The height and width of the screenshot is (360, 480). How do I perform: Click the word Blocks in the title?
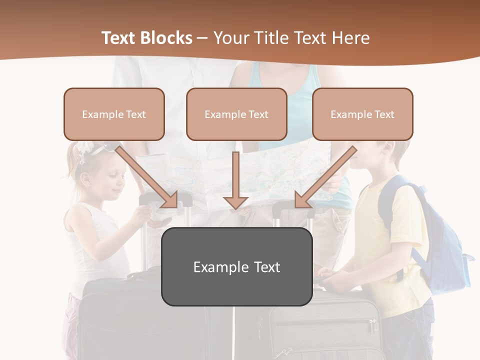pyautogui.click(x=168, y=38)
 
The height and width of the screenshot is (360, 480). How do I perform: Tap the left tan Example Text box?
pyautogui.click(x=114, y=114)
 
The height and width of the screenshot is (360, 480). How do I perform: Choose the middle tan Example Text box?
pyautogui.click(x=236, y=114)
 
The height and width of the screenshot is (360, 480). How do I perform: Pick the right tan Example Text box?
pyautogui.click(x=362, y=114)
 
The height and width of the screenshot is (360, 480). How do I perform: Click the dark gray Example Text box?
pyautogui.click(x=236, y=266)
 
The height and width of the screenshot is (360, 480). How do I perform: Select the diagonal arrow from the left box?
pyautogui.click(x=147, y=177)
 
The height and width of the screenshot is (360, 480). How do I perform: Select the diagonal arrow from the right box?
pyautogui.click(x=325, y=177)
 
